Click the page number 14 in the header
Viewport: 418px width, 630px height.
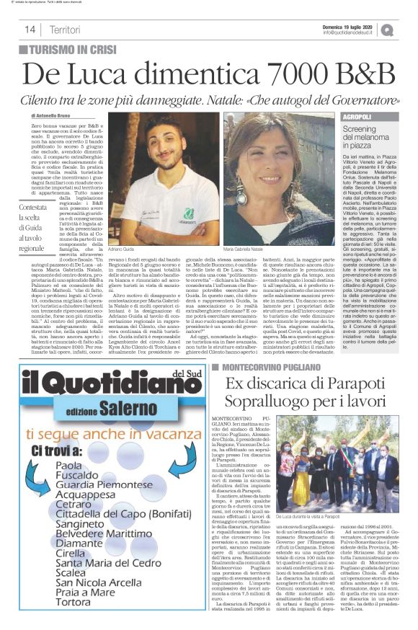pyautogui.click(x=31, y=30)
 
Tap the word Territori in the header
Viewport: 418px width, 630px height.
pyautogui.click(x=66, y=30)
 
